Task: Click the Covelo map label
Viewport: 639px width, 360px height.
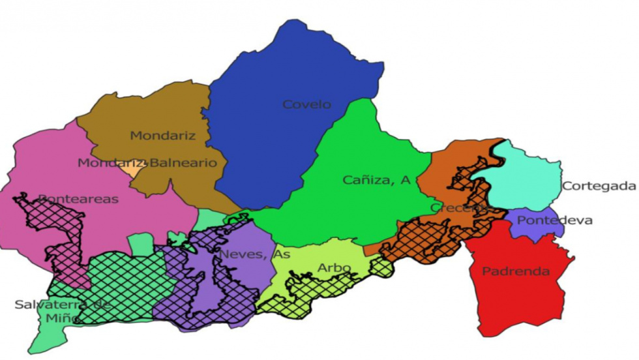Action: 306,104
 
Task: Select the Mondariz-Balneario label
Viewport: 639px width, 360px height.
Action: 147,163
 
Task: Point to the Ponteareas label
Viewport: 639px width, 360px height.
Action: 78,199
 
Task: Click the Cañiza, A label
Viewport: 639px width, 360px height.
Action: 377,181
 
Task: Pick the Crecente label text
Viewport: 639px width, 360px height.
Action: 459,207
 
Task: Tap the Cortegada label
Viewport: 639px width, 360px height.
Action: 599,186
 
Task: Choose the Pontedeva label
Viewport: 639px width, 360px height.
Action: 545,220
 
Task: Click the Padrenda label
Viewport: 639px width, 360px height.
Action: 516,271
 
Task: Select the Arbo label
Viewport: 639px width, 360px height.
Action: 334,268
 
